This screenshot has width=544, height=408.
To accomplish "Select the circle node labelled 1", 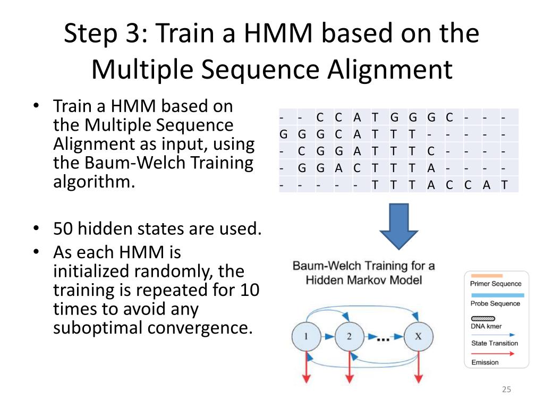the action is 305,336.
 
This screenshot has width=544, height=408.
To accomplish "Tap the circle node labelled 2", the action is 349,336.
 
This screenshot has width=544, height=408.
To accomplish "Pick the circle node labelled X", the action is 418,336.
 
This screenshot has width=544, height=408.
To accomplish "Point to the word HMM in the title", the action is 269,33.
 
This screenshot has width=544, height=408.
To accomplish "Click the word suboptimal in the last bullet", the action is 98,327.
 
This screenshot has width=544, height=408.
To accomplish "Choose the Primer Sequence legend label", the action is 496,284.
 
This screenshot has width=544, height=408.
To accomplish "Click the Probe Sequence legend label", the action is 495,303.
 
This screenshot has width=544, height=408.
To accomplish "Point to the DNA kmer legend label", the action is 486,326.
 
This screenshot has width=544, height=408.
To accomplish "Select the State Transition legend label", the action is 494,343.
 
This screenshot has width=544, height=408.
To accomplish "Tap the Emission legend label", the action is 484,362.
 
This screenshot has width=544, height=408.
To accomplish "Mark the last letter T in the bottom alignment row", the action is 503,185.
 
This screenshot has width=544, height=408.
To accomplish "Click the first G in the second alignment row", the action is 284,133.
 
